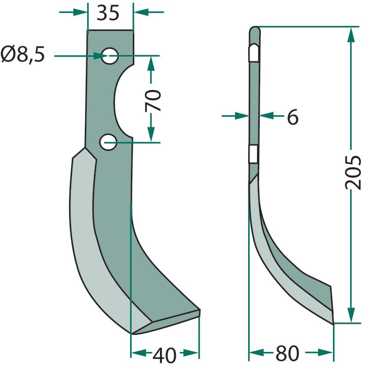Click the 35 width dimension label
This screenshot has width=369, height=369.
[108, 13]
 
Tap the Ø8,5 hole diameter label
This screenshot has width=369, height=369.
[23, 54]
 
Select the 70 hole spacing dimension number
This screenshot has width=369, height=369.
[153, 100]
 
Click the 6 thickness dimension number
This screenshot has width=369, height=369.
[293, 117]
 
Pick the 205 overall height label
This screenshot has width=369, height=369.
[353, 172]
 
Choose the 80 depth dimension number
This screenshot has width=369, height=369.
[287, 353]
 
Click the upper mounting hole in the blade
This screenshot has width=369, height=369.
[110, 56]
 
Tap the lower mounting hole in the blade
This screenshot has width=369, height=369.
[108, 142]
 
